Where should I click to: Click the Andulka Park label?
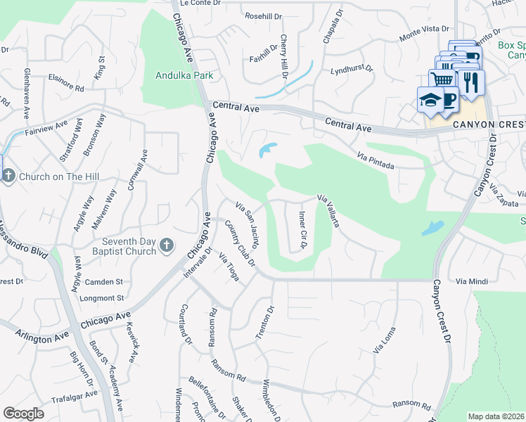(184, 75)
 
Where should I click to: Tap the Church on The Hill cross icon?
(8, 176)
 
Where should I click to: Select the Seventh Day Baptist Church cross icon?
(166, 245)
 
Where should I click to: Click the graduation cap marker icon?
(429, 101)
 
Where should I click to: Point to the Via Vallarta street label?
(328, 211)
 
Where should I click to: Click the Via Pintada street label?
(375, 160)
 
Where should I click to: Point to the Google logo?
(24, 413)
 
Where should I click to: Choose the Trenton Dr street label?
(264, 324)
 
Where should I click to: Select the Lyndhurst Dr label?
(352, 70)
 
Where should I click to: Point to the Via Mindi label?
(471, 281)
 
